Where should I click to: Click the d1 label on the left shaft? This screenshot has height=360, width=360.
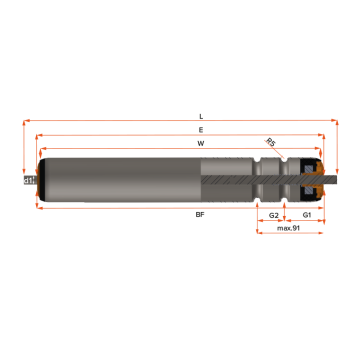coord(26,180)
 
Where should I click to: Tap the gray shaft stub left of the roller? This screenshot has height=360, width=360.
coord(31,180)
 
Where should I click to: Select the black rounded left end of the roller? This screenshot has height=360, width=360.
coord(41,180)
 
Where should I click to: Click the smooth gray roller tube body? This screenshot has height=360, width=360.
coord(120,180)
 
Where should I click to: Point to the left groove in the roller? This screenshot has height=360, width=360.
coord(259,180)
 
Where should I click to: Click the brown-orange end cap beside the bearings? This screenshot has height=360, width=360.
coord(319,180)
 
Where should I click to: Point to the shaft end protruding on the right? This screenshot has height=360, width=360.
coord(340,180)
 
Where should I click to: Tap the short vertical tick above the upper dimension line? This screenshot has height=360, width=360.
coord(201,127)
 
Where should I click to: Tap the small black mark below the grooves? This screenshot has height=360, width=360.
coord(273,215)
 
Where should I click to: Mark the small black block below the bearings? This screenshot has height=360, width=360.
coord(312,215)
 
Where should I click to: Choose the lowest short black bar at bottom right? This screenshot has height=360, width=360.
coord(299,228)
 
